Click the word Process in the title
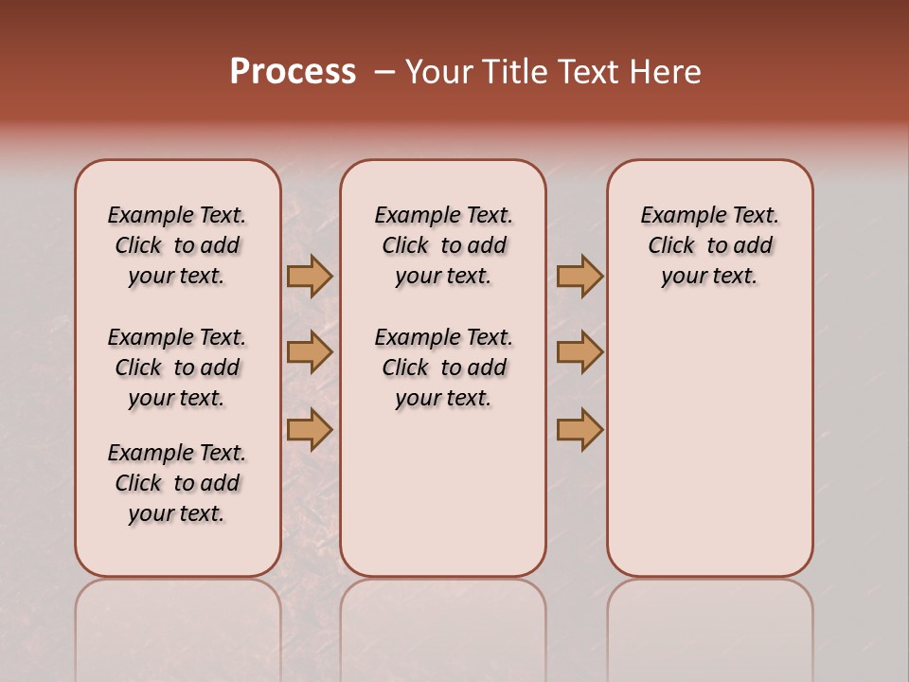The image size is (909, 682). [293, 72]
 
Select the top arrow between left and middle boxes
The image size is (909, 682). [310, 276]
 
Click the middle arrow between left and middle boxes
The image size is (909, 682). [310, 352]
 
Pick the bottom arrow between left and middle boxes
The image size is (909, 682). [310, 429]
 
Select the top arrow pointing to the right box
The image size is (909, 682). [579, 276]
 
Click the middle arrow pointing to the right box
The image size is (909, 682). [579, 352]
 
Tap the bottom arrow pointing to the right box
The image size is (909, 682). [579, 429]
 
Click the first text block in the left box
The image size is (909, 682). [177, 245]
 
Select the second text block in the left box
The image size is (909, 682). [177, 368]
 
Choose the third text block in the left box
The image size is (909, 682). [177, 483]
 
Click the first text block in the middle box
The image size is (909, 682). [443, 245]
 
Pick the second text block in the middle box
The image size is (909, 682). [443, 368]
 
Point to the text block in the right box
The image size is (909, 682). [709, 245]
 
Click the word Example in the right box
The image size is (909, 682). [677, 216]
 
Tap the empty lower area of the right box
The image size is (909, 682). [709, 445]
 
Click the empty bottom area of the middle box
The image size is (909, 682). [443, 502]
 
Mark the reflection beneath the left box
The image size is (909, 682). [178, 625]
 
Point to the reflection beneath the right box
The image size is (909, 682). [709, 625]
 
